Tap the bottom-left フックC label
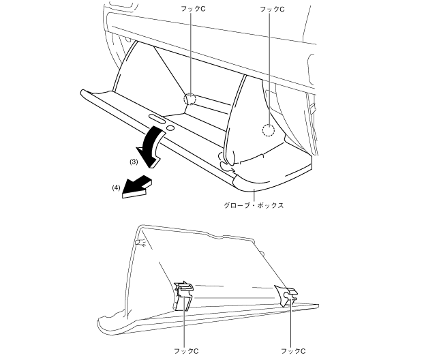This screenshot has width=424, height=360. [x=186, y=350]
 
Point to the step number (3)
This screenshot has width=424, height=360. [x=134, y=162]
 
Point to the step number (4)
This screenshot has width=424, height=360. [x=117, y=186]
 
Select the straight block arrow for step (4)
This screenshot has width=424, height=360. [x=138, y=187]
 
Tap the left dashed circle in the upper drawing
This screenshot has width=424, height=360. [x=190, y=100]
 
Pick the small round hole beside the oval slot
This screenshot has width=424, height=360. [x=170, y=127]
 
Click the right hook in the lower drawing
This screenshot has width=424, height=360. [x=288, y=295]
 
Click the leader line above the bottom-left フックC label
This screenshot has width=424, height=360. [x=185, y=327]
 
